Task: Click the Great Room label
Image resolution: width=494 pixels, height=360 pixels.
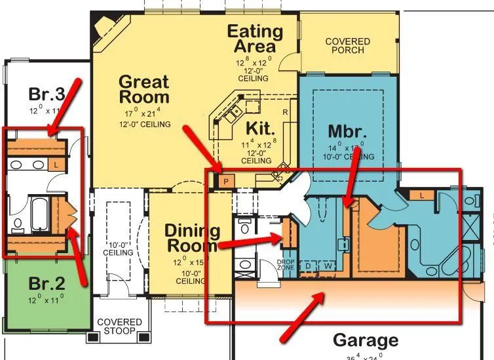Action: pyautogui.click(x=143, y=90)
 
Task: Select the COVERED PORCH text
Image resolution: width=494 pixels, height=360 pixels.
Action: pyautogui.click(x=347, y=47)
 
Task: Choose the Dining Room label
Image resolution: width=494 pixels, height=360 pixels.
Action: pyautogui.click(x=191, y=238)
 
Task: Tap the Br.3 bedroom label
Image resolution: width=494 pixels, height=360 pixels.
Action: pyautogui.click(x=45, y=92)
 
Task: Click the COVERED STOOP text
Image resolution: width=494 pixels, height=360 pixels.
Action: pyautogui.click(x=119, y=327)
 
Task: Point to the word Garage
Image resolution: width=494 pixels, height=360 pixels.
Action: pyautogui.click(x=366, y=340)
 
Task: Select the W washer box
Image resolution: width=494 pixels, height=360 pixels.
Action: pyautogui.click(x=327, y=266)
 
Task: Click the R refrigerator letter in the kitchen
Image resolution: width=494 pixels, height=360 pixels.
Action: pyautogui.click(x=285, y=112)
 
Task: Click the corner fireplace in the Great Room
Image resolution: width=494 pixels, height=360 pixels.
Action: pyautogui.click(x=105, y=27)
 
